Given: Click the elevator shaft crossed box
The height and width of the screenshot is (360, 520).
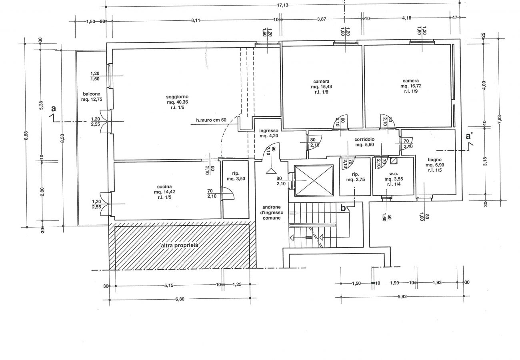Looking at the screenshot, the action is point(314,180).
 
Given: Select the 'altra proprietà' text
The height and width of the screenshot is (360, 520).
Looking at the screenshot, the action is point(180,245).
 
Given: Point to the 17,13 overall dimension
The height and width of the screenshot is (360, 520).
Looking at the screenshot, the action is point(282,5).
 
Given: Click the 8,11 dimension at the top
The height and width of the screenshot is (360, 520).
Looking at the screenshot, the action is point(196,20).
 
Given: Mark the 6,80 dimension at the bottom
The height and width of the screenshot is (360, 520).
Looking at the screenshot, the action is point(180,299).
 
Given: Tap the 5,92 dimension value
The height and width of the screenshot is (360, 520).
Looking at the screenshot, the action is point(402,296).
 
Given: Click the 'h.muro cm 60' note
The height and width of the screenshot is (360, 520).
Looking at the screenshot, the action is point(211,120).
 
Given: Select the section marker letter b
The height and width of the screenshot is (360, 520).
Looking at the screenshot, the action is point(343,208).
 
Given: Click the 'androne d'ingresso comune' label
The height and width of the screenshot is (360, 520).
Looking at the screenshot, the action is point(272,212).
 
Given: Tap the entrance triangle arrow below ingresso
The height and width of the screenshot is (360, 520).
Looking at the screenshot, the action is point(271,171).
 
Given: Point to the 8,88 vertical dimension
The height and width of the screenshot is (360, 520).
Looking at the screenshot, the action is point(26,136).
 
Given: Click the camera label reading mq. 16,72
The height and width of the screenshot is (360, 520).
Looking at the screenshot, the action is point(411,86).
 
